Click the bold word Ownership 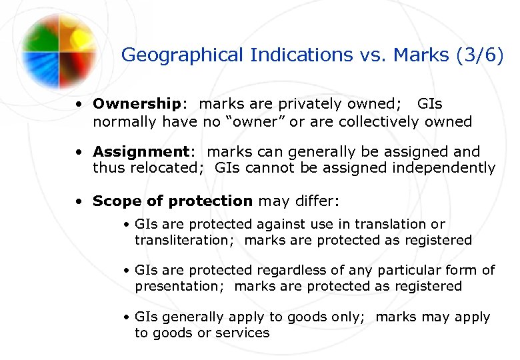(x=136, y=104)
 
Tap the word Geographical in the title (x=183, y=55)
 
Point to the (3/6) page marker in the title (x=480, y=55)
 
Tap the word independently (x=444, y=168)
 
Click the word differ (x=317, y=201)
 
